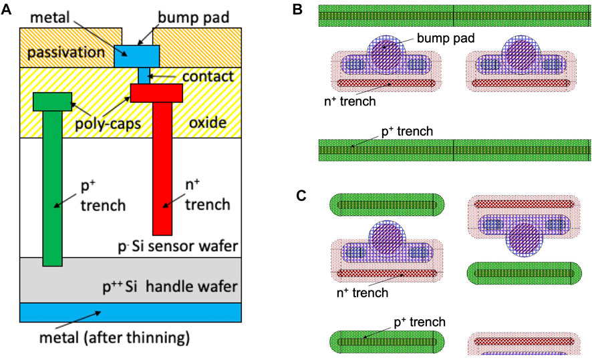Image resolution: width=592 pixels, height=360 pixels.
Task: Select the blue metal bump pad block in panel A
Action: point(136,55)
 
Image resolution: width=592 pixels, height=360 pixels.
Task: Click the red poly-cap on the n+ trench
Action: point(156,93)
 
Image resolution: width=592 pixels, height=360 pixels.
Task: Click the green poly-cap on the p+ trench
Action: point(52,102)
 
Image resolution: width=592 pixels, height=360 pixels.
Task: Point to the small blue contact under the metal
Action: point(142,75)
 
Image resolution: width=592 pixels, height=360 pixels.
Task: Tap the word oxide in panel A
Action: point(208,123)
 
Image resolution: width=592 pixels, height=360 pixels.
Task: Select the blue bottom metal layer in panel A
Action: point(130,313)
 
